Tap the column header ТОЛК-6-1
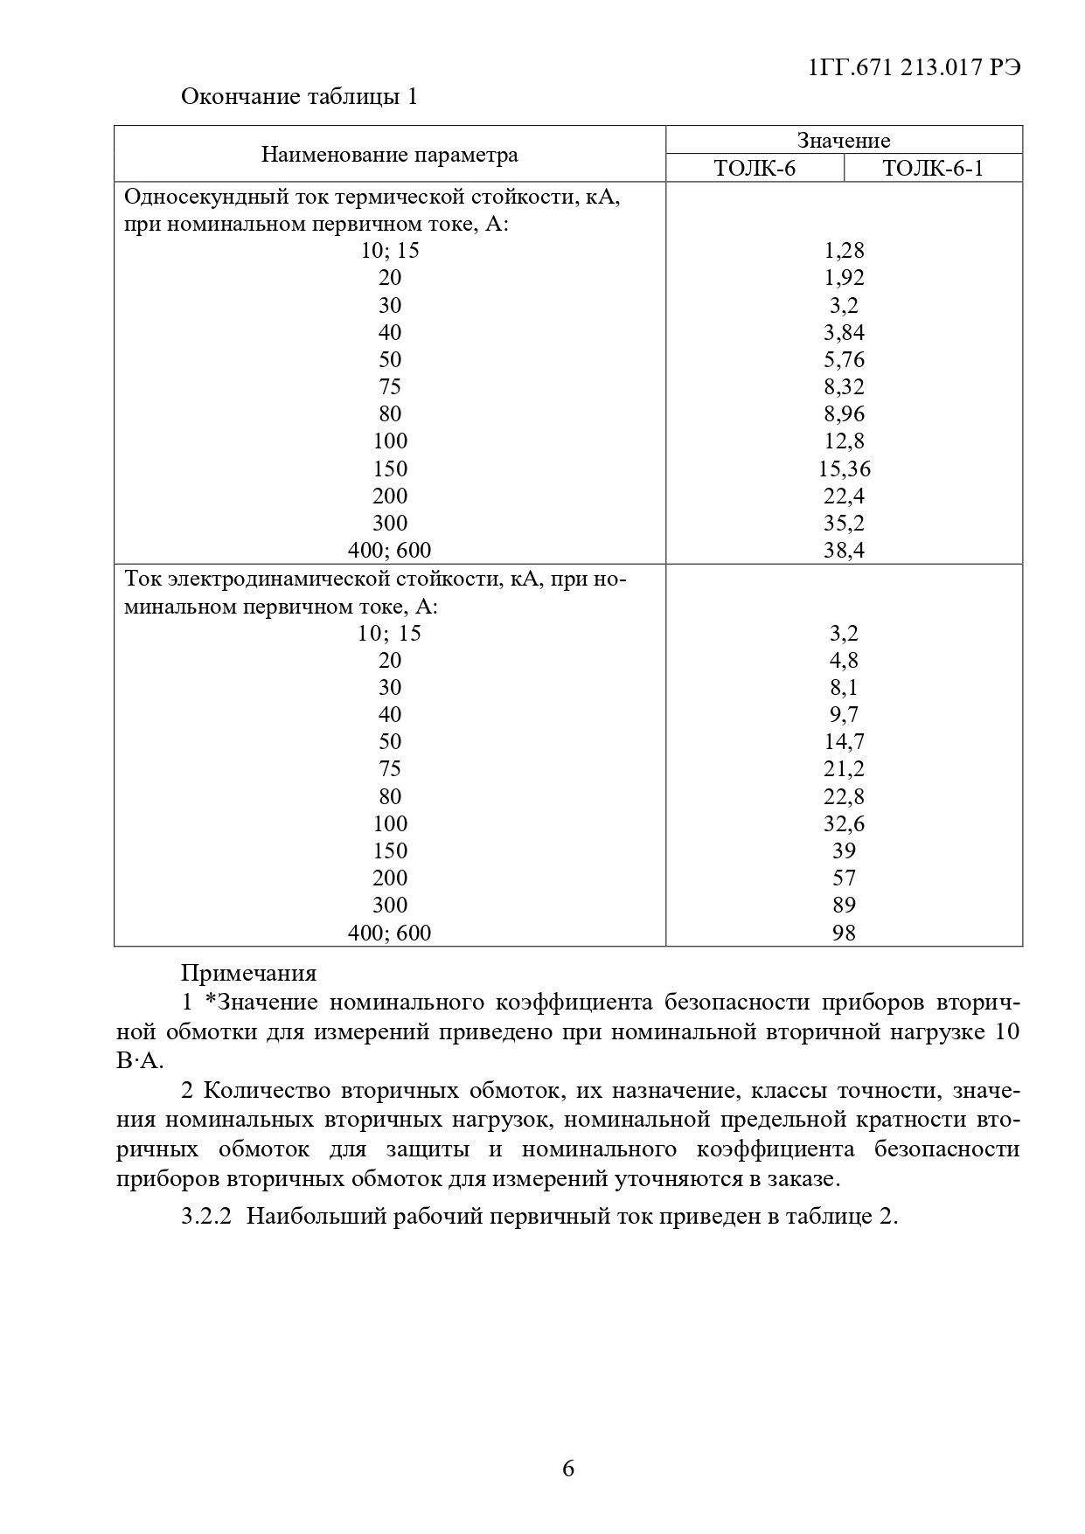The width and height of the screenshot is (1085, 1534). tap(933, 168)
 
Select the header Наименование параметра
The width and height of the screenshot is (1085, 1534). tap(389, 155)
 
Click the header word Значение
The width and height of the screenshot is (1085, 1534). tap(844, 140)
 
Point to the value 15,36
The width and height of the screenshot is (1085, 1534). tap(844, 469)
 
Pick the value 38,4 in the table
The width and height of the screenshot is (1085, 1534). tap(844, 550)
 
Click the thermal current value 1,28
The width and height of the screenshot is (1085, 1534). tap(844, 251)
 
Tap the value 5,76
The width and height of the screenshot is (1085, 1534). tap(844, 359)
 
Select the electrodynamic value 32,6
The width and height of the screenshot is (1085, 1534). tap(844, 823)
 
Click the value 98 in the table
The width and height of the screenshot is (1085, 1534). tap(844, 933)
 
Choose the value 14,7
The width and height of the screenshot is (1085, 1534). tap(844, 741)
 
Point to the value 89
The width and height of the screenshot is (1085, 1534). tap(844, 905)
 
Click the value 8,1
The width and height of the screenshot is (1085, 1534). tap(844, 687)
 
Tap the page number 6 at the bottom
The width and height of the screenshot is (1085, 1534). tap(568, 1468)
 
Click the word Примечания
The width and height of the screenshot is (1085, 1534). tap(248, 972)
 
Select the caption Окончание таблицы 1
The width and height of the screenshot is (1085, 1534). tap(299, 96)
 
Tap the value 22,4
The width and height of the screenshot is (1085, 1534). tap(844, 496)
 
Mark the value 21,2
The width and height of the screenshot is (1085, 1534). tap(844, 768)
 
